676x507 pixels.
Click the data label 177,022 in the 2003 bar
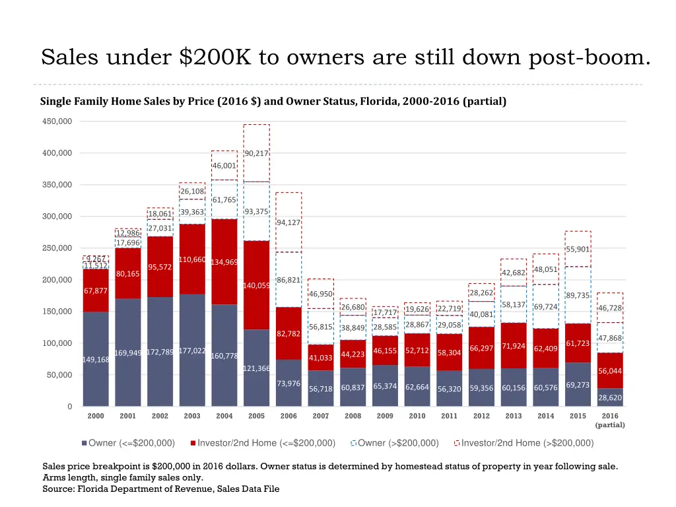192,351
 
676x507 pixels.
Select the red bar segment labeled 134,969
224,262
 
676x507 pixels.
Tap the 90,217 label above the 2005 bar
256,153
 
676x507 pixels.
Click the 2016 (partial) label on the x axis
610,421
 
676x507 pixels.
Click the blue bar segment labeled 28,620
610,398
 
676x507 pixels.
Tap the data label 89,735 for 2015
578,296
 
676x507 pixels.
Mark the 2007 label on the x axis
321,416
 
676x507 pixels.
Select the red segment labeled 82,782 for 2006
288,333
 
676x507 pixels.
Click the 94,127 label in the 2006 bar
288,222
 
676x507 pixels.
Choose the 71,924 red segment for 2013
513,346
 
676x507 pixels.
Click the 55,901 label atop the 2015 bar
578,249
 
